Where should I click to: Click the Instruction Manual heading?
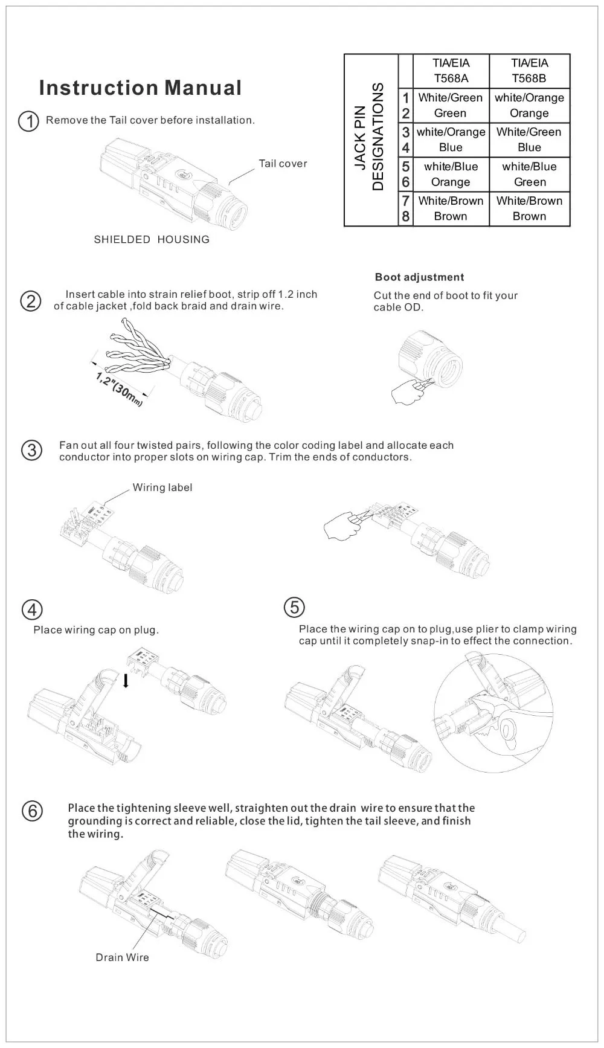click(140, 88)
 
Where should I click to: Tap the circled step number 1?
click(29, 121)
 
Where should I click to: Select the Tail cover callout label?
click(282, 164)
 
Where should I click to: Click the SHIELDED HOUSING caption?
click(152, 240)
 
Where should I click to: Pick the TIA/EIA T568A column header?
click(451, 71)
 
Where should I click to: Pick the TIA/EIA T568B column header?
click(529, 71)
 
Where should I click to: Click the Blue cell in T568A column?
click(451, 147)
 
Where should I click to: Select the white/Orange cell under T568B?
click(529, 98)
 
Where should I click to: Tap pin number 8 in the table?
click(405, 216)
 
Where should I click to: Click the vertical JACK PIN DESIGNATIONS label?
click(369, 137)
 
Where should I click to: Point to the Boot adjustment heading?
click(419, 277)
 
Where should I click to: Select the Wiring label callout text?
click(162, 487)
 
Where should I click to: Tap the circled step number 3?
click(31, 451)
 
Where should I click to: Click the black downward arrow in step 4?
click(126, 681)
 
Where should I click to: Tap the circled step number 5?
click(294, 607)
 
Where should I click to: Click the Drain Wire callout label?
click(122, 957)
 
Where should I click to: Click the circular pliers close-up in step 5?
click(493, 713)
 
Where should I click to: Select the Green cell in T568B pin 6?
click(529, 182)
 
